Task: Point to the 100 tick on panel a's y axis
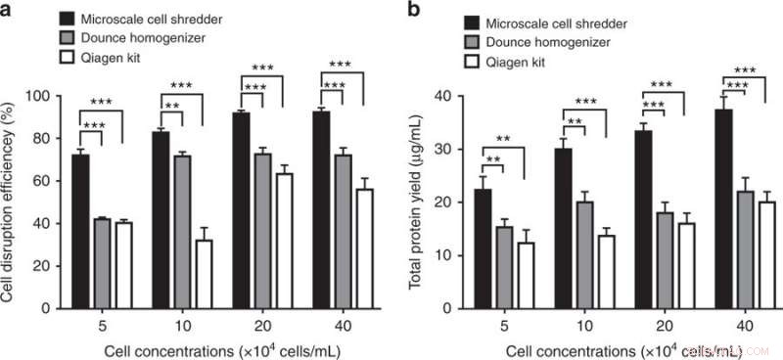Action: [43, 96]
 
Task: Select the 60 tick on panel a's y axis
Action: [46, 181]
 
